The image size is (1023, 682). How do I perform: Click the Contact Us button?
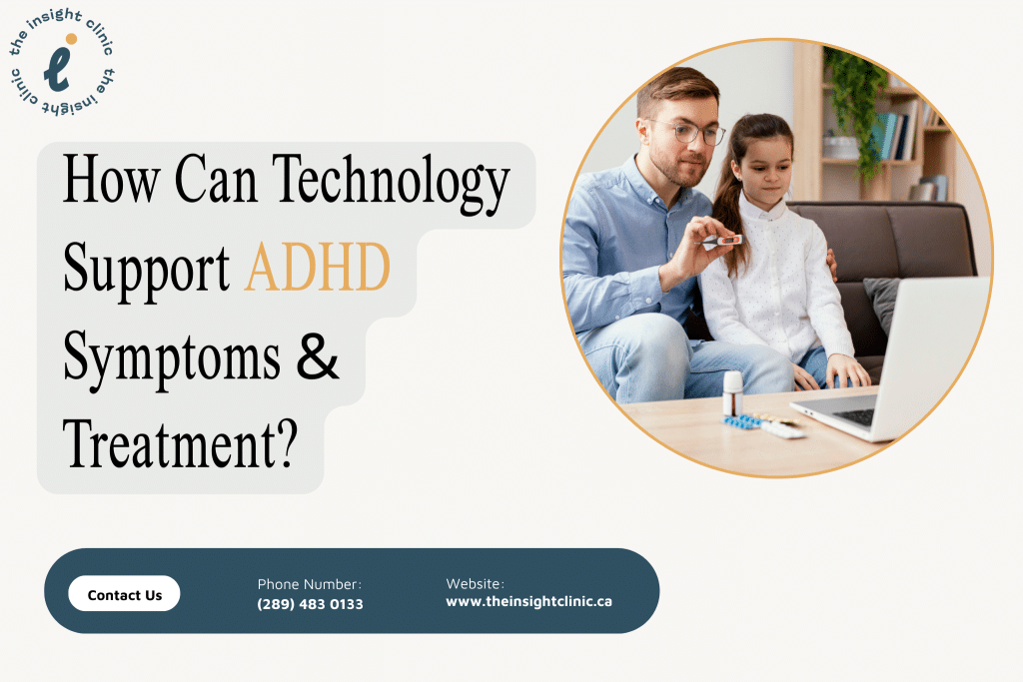(x=124, y=595)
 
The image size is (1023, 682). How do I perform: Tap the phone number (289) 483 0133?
(x=310, y=604)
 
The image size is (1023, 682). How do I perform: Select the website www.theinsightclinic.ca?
(x=528, y=602)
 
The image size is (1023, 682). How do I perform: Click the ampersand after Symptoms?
(x=319, y=356)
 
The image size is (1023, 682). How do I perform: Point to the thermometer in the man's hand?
(x=721, y=241)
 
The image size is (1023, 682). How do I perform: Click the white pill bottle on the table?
(x=733, y=393)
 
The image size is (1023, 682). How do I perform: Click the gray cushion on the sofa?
(x=882, y=301)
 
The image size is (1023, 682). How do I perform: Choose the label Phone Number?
(x=309, y=584)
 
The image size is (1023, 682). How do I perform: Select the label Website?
(x=475, y=583)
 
